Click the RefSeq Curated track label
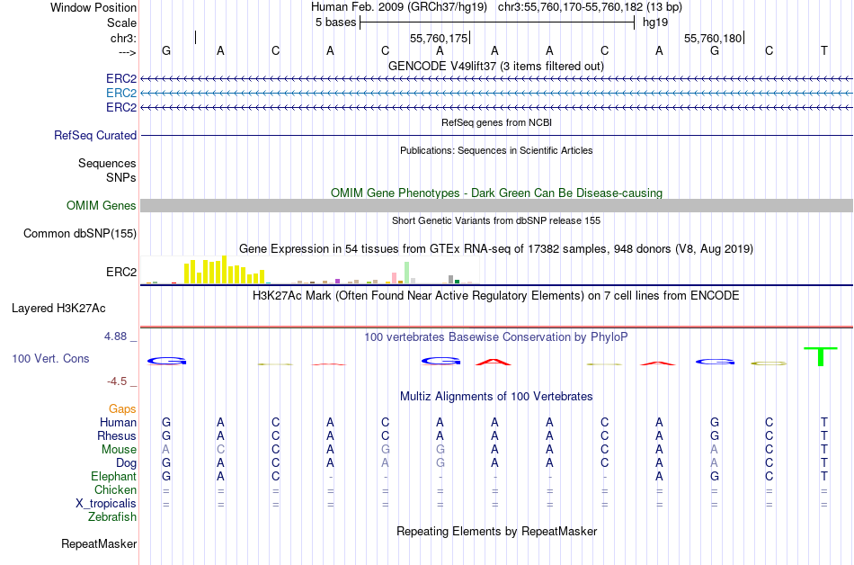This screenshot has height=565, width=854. coord(95,135)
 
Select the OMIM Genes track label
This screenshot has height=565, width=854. coord(102,206)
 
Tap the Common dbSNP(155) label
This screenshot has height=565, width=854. coord(80,234)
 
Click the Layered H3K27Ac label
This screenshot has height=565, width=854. coord(58,308)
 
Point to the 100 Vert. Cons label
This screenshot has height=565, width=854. coord(50,358)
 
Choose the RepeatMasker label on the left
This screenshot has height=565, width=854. coord(99,543)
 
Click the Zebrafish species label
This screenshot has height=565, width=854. coord(112,517)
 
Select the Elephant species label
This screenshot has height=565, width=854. coord(113,476)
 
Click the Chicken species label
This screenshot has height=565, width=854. coord(115,489)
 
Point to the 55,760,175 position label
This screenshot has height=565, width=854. coord(439,39)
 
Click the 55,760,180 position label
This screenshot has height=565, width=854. coord(713,39)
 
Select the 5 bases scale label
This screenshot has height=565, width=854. coord(334,22)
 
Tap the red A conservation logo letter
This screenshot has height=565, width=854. coord(494,362)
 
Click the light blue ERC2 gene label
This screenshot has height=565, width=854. coord(121,93)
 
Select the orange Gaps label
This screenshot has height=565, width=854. coord(122,408)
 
